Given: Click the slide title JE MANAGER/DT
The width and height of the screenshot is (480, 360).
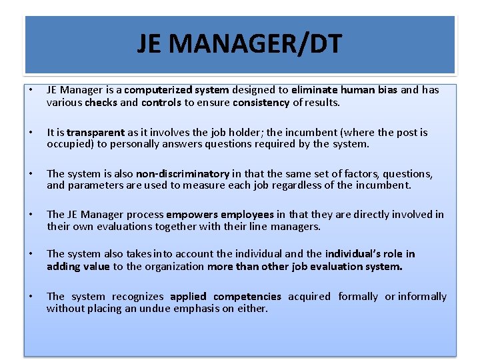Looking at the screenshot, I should (x=240, y=45).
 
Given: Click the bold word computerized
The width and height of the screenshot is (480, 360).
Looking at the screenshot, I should (x=157, y=90).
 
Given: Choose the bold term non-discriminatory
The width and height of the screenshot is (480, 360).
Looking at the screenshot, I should (x=183, y=174).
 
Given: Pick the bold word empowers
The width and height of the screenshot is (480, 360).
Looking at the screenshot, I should (x=192, y=215).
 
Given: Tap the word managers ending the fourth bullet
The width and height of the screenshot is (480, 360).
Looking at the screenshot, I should (x=299, y=227).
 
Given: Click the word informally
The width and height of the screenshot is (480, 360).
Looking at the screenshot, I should (x=423, y=297).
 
